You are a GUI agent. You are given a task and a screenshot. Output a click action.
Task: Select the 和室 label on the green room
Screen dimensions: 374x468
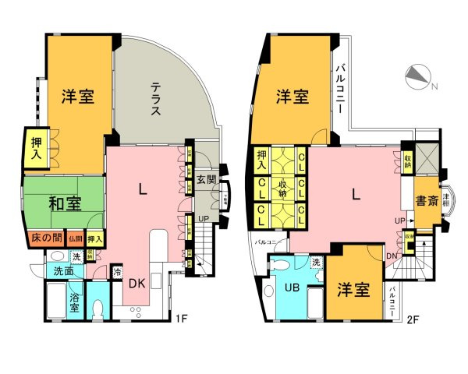coord(66,204)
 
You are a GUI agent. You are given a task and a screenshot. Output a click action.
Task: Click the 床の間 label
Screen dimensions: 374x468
coord(45,238)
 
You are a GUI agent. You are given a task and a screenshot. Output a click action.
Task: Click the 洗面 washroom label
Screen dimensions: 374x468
coord(63,271)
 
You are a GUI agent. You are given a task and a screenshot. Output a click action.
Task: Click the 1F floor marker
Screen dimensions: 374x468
coord(181,318)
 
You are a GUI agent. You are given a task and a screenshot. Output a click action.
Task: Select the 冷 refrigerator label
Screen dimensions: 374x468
coord(117,273)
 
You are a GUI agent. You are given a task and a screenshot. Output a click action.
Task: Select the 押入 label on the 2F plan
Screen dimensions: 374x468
coord(262,160)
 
